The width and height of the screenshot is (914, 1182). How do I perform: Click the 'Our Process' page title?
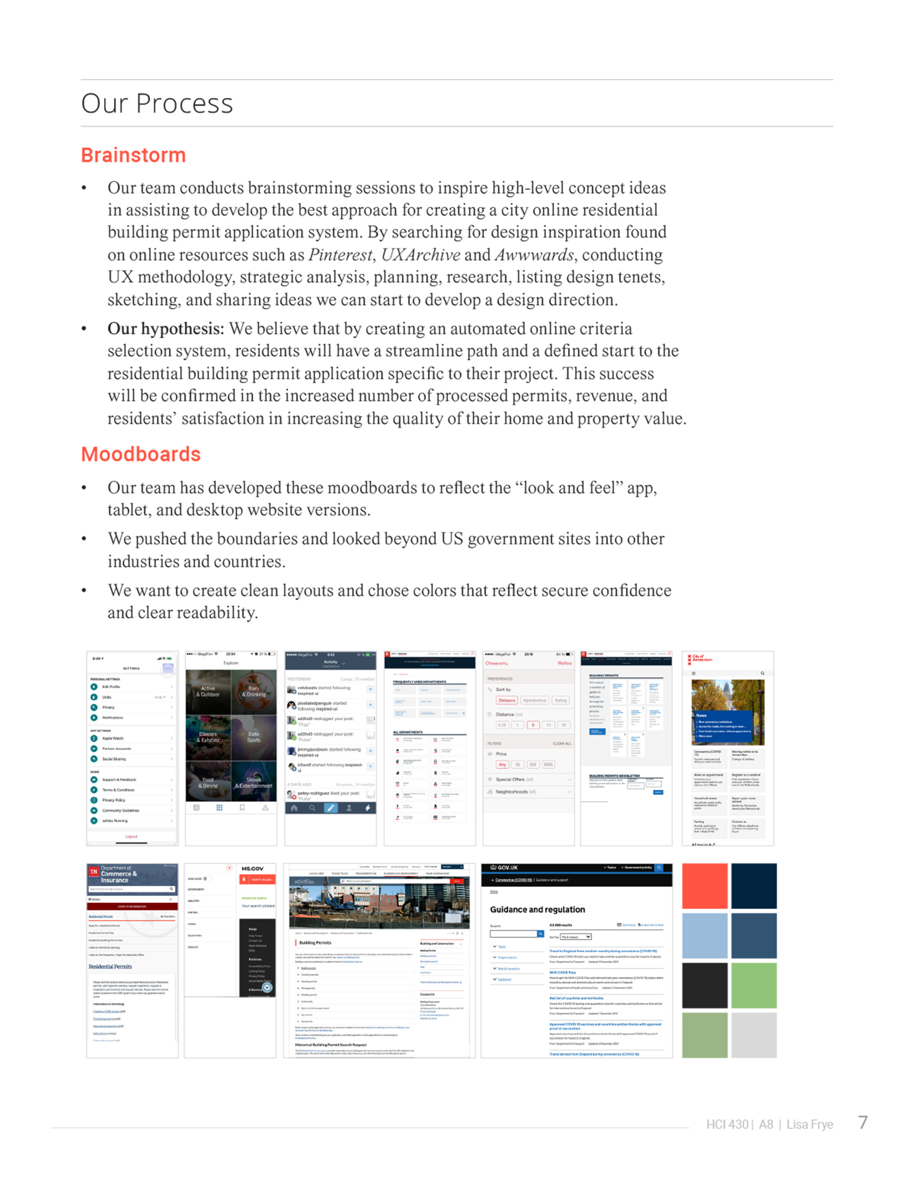point(157,104)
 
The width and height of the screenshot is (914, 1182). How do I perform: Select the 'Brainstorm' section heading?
point(133,155)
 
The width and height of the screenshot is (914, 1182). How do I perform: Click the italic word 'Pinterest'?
point(340,255)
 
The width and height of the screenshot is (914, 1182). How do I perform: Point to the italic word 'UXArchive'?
point(421,255)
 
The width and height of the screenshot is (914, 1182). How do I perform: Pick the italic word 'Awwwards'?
point(534,255)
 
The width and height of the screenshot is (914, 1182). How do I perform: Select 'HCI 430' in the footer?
point(727,1125)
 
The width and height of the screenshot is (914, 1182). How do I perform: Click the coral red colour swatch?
point(705,886)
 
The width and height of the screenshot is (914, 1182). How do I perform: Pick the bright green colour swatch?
point(754,985)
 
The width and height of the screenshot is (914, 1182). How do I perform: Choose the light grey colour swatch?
point(754,1035)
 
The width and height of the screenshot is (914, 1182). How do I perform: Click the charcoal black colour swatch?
point(705,985)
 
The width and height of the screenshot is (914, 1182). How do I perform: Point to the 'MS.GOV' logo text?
point(252,869)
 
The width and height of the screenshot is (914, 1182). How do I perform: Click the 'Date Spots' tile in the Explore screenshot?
point(253,737)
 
